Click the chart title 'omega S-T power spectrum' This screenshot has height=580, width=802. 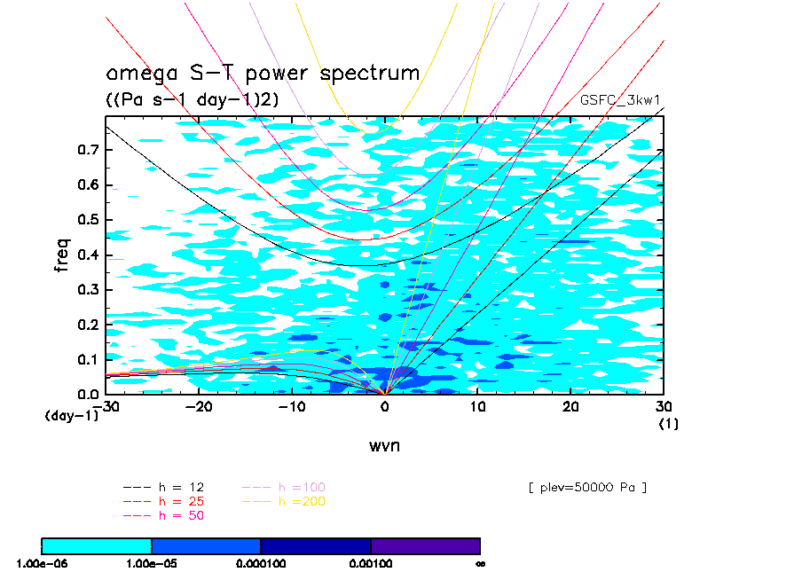263,73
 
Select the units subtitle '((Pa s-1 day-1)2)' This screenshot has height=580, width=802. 193,100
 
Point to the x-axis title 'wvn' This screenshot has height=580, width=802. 384,445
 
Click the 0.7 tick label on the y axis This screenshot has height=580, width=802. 86,150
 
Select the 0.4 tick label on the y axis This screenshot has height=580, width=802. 86,255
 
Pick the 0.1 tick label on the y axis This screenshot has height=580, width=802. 86,360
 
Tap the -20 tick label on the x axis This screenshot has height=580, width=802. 200,406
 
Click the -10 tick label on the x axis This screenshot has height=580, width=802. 292,406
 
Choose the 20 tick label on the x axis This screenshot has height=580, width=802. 571,406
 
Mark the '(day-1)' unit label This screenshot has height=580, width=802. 72,415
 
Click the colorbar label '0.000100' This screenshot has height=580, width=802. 261,562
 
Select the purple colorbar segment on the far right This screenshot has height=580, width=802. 425,545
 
